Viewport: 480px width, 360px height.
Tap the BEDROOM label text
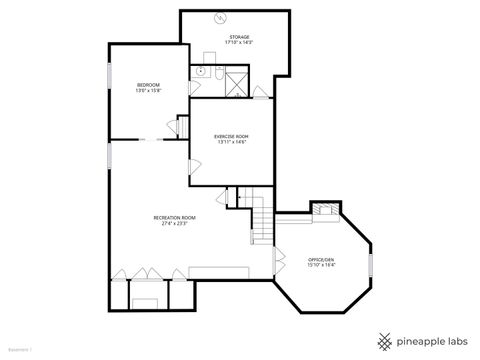148,85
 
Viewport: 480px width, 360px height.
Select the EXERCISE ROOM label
230,136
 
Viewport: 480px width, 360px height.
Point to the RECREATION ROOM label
174,217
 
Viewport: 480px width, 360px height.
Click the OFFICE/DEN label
321,260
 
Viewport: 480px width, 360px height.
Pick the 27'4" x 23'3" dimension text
174,224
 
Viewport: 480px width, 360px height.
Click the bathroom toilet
200,71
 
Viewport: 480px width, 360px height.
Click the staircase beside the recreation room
260,219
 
